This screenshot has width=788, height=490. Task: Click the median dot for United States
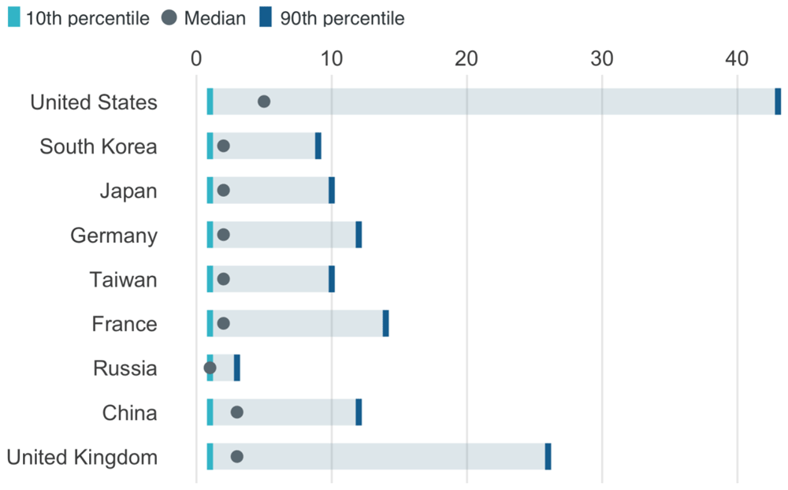[264, 102]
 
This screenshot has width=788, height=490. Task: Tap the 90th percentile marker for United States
[778, 102]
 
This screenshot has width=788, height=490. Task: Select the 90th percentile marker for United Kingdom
[548, 456]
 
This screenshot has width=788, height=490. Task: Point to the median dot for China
[236, 412]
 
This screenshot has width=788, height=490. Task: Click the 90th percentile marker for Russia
[236, 368]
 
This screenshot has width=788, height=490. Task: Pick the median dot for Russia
[210, 368]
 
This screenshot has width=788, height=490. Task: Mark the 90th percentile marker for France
[385, 323]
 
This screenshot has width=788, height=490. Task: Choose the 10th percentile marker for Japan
[210, 191]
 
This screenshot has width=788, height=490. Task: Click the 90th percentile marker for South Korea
[318, 146]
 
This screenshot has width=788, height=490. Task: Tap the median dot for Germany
[223, 235]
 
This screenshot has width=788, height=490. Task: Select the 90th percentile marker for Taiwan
[332, 279]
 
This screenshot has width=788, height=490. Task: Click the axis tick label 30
[601, 59]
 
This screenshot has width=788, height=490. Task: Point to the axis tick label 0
[196, 59]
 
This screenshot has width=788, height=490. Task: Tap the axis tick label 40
[737, 59]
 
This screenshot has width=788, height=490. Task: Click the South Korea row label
[98, 147]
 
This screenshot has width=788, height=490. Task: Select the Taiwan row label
[123, 280]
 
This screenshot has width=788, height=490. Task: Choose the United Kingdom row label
[82, 458]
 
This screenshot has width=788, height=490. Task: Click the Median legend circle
[169, 18]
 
